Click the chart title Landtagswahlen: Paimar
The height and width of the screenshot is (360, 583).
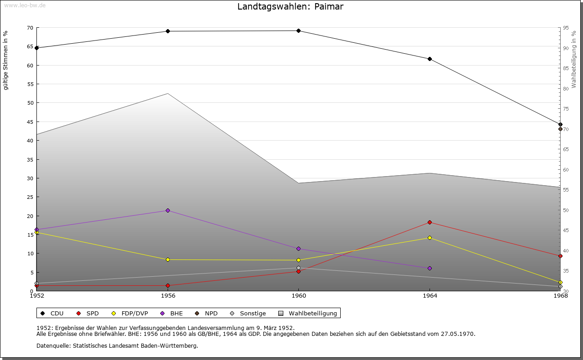click(290, 7)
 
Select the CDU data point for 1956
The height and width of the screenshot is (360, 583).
click(168, 31)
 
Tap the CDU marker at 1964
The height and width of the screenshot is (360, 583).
click(430, 59)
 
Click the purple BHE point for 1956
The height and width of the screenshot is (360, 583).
click(168, 211)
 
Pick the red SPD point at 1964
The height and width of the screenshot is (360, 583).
click(430, 223)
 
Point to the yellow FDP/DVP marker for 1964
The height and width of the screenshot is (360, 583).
click(430, 238)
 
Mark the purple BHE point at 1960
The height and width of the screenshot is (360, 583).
click(298, 249)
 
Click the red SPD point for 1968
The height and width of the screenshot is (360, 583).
click(560, 256)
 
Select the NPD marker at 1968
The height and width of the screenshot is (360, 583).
click(560, 129)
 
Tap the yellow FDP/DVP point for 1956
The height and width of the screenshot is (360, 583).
click(168, 260)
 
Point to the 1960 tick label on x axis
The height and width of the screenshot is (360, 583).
click(298, 296)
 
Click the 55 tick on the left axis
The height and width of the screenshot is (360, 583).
click(30, 84)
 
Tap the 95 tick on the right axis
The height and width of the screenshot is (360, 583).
click(566, 28)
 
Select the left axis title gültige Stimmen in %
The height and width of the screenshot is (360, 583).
click(6, 61)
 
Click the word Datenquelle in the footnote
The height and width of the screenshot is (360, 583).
click(51, 345)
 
